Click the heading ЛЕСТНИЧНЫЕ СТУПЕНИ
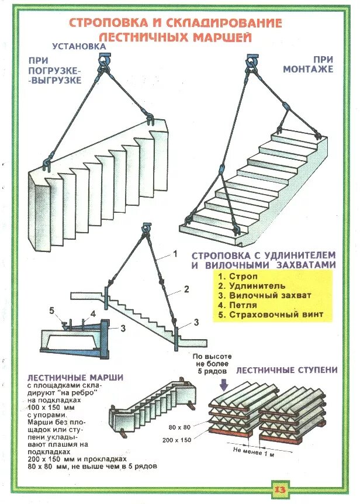pyautogui.click(x=286, y=370)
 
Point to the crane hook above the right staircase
pyautogui.click(x=253, y=60)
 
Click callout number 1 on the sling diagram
pyautogui.click(x=174, y=254)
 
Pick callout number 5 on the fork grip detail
pyautogui.click(x=51, y=310)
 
